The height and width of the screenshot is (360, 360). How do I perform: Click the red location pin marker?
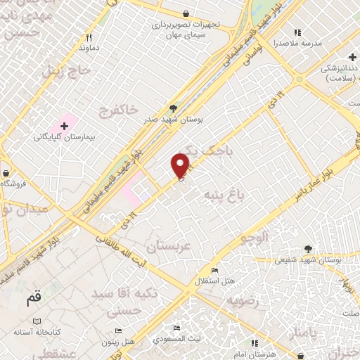point(181,165)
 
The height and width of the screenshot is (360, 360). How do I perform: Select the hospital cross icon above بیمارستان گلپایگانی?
point(65,126)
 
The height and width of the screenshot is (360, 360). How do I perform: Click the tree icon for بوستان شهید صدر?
point(173,108)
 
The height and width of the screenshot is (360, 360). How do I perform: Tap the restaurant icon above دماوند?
point(89,37)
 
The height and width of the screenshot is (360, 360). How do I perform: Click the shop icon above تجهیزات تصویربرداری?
point(185,13)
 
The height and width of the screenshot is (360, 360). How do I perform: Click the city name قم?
point(34,298)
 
